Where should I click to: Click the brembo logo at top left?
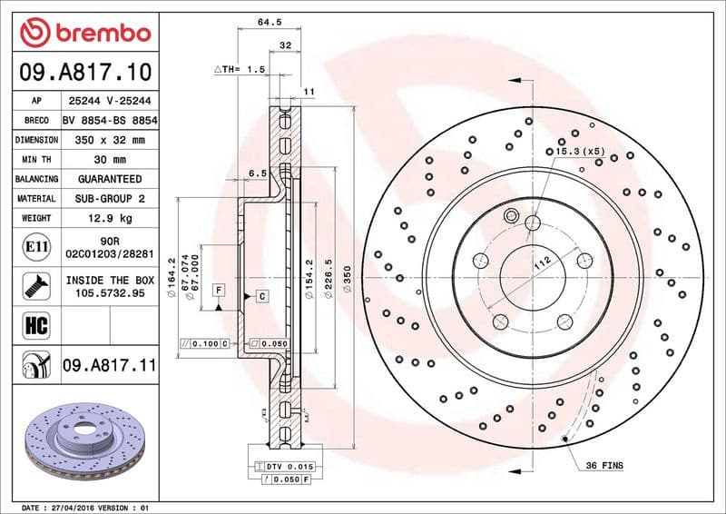click(83, 32)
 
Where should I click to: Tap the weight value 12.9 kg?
click(109, 218)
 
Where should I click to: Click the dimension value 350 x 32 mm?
click(109, 140)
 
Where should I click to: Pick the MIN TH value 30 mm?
click(109, 160)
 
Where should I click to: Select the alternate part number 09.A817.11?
click(109, 366)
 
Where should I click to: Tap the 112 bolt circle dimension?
click(542, 263)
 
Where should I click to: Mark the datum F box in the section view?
click(219, 290)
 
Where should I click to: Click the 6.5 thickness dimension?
click(256, 172)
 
